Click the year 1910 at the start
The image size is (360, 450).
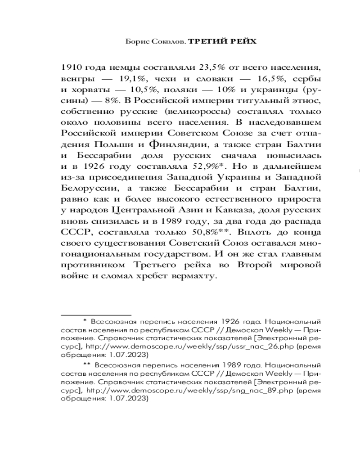pos(71,67)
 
